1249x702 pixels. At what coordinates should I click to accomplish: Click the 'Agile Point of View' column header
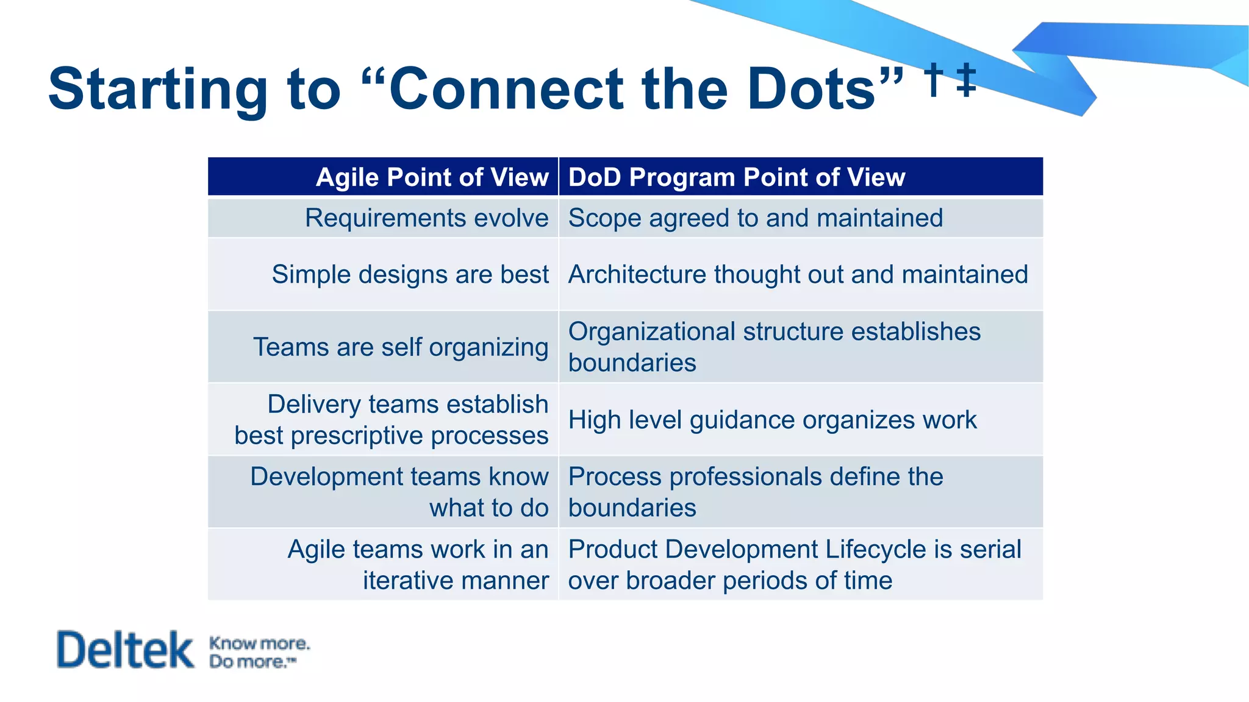coord(432,177)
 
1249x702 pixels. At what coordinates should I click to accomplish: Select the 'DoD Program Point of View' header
coord(736,177)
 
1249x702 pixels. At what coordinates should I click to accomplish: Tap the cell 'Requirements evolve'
coord(426,218)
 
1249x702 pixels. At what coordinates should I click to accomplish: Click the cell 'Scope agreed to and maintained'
coord(755,218)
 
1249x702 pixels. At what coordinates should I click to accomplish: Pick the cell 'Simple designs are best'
coord(410,274)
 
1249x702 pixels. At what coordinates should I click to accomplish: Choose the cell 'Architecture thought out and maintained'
coord(798,274)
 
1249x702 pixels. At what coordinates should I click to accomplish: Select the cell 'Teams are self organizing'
coord(401,347)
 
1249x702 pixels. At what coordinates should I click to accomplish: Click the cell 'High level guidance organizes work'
coord(772,420)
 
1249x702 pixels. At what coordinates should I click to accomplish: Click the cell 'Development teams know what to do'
coord(399,492)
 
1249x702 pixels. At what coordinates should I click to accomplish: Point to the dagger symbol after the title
coord(932,80)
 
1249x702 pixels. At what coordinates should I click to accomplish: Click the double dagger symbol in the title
coord(966,80)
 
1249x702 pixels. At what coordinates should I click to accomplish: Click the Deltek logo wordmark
coord(125,650)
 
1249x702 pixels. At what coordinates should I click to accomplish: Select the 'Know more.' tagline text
coord(259,643)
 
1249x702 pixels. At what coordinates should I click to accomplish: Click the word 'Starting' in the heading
coord(157,89)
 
